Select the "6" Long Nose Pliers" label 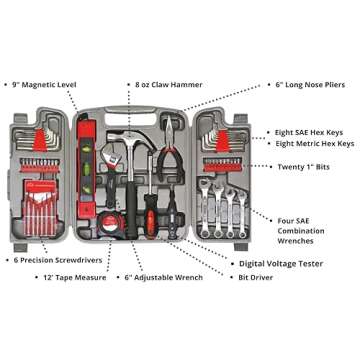[310, 85]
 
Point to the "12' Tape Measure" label [77, 277]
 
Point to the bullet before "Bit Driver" [232, 277]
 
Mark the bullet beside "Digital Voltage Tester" [232, 264]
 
